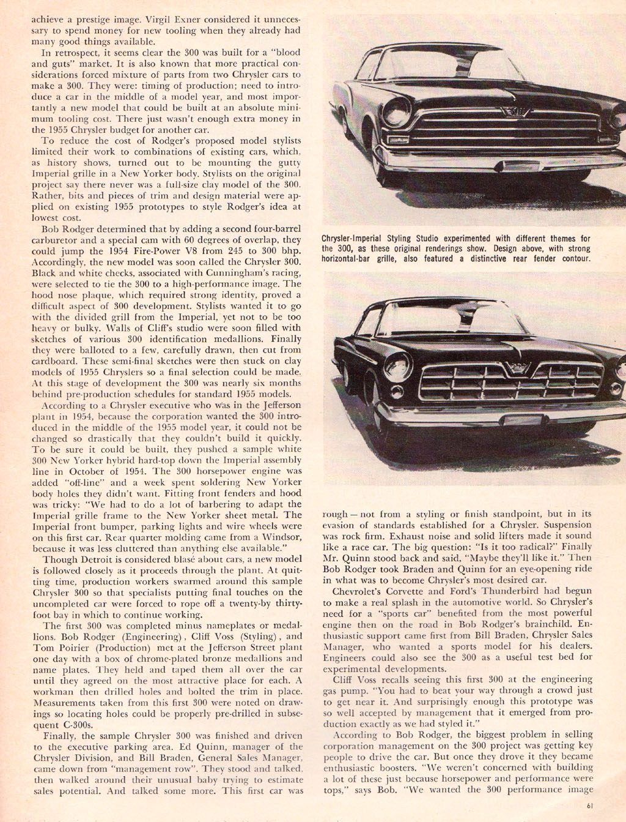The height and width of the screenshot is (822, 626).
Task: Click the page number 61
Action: [x=589, y=805]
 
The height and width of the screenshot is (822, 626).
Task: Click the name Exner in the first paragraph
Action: [x=215, y=18]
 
